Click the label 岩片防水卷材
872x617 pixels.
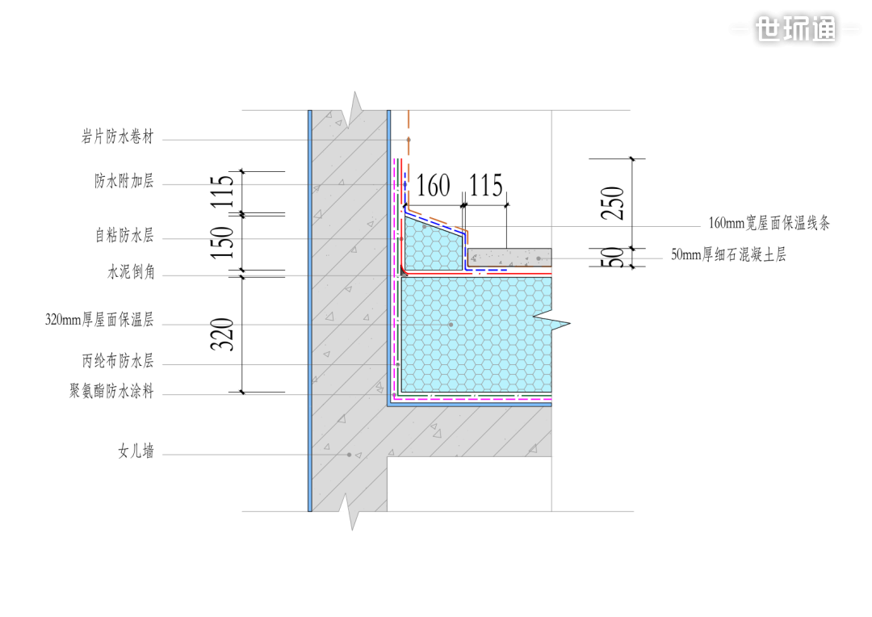point(117,136)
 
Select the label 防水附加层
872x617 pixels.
point(124,181)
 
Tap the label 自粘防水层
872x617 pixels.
point(124,235)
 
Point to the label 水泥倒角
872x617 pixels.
point(131,272)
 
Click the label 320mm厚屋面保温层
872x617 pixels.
point(99,320)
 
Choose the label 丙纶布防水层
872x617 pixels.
point(118,361)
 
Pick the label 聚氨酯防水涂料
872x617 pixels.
point(111,391)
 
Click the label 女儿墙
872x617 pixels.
point(136,451)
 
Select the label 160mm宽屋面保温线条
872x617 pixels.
point(769,223)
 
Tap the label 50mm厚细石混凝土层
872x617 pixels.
point(728,255)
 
